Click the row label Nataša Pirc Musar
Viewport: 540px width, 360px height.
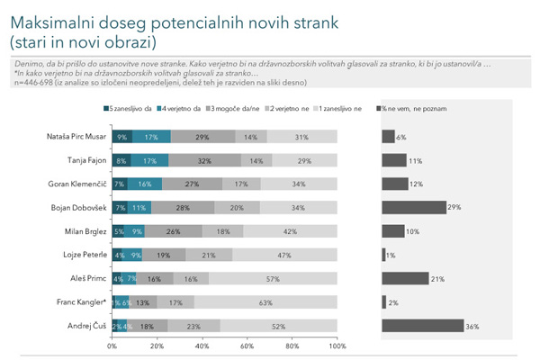point(75,137)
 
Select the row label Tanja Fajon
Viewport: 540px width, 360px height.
point(85,160)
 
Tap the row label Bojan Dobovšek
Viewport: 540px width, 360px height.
point(79,207)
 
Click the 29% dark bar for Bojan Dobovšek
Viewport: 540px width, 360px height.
point(414,207)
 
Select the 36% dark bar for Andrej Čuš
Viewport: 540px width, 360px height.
point(422,325)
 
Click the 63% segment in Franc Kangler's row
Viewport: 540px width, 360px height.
point(265,301)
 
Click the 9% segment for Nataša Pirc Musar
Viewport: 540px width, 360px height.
point(122,137)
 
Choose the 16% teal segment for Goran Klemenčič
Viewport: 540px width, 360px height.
point(145,184)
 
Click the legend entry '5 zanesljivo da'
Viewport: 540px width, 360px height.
point(130,109)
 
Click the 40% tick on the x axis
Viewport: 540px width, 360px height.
point(202,346)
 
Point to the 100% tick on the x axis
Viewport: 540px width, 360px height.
point(337,346)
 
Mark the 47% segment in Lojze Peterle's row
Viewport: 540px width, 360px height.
point(284,255)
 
